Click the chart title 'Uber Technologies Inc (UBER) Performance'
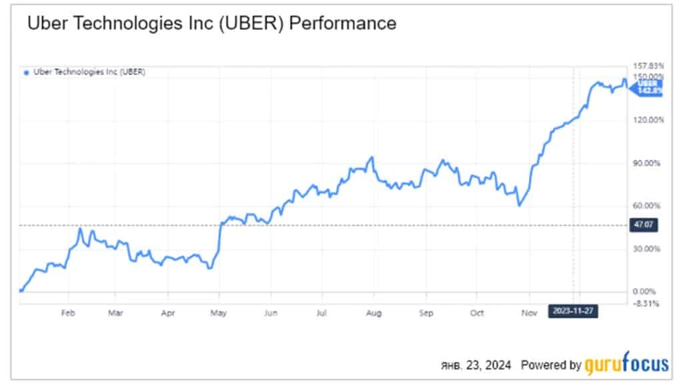click(211, 23)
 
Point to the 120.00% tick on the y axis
click(646, 120)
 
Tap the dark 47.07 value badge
click(644, 226)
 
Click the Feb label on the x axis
click(67, 311)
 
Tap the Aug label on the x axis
click(374, 311)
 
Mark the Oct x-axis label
click(476, 311)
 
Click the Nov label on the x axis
click(528, 311)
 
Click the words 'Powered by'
click(550, 365)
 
